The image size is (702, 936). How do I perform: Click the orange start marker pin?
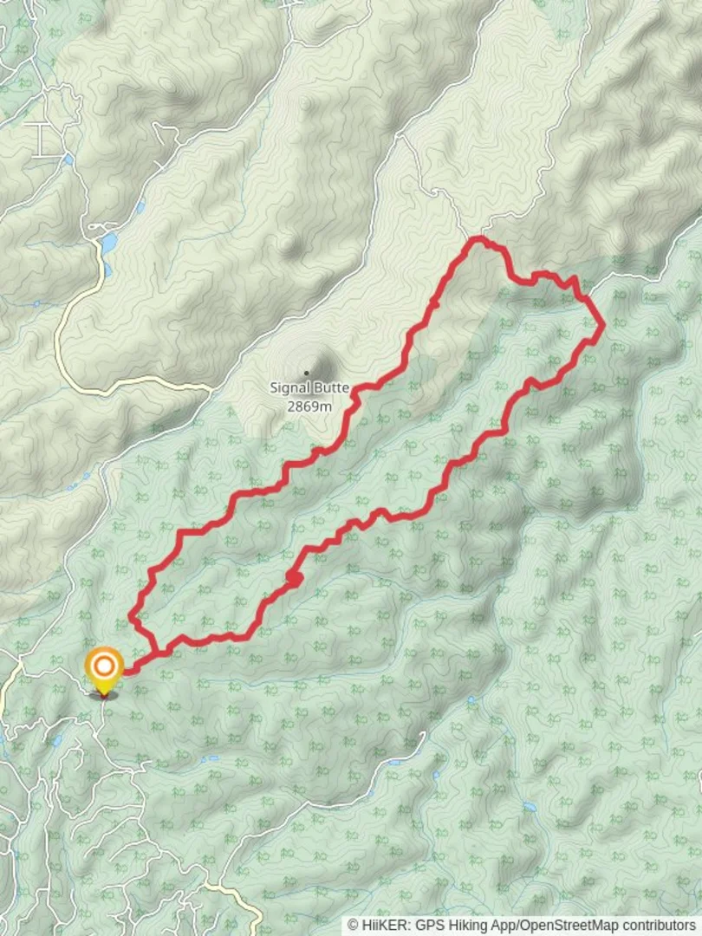click(x=104, y=672)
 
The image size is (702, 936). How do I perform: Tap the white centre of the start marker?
click(x=104, y=666)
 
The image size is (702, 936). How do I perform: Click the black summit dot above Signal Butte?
click(x=305, y=374)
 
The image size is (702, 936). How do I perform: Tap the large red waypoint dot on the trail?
click(x=294, y=578)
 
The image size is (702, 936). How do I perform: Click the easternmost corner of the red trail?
click(x=602, y=326)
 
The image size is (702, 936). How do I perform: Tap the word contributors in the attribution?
click(x=662, y=926)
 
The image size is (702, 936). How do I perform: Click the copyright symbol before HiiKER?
click(x=354, y=926)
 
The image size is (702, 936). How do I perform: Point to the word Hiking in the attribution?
click(x=458, y=926)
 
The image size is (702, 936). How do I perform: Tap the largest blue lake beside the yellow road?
click(x=107, y=243)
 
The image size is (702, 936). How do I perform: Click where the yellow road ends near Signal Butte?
click(x=211, y=387)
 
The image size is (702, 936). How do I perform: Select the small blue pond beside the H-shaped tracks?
click(x=68, y=159)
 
